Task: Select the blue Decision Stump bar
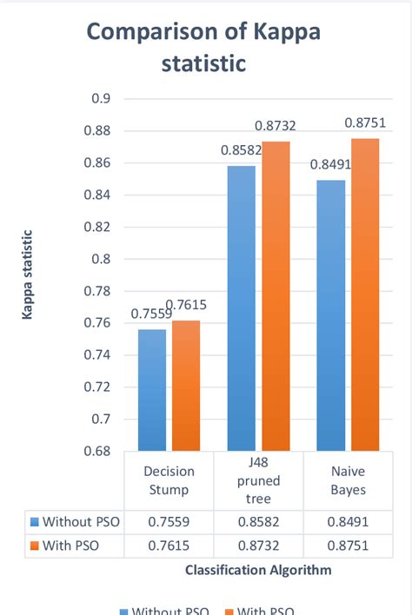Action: tap(152, 390)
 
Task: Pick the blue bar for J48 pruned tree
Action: tap(242, 307)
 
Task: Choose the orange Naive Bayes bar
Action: tap(365, 294)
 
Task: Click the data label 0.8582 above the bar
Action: tap(237, 150)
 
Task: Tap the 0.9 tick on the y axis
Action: tap(101, 98)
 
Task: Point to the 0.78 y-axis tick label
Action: tap(97, 291)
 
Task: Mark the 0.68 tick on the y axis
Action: tap(97, 452)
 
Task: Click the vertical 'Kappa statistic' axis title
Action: tap(29, 275)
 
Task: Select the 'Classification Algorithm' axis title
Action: tap(257, 570)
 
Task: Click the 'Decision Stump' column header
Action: tap(169, 480)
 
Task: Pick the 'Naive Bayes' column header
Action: tap(348, 480)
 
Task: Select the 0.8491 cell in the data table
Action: tap(348, 522)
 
